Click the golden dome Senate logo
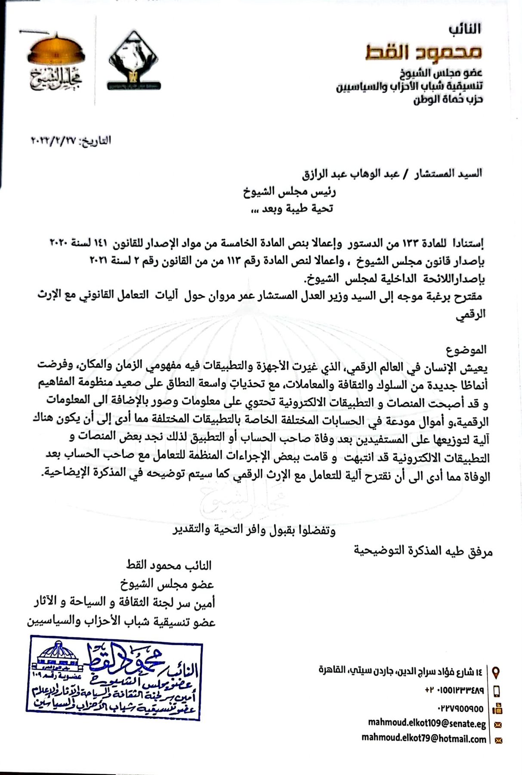point(56,63)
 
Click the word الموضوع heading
point(466,349)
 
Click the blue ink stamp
point(114,680)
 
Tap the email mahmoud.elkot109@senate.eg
point(427,724)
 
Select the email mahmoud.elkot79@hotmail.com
point(423,739)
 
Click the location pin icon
point(496,672)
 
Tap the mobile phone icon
point(496,691)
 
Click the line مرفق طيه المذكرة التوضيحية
point(423,550)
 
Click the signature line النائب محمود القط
point(169,565)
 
